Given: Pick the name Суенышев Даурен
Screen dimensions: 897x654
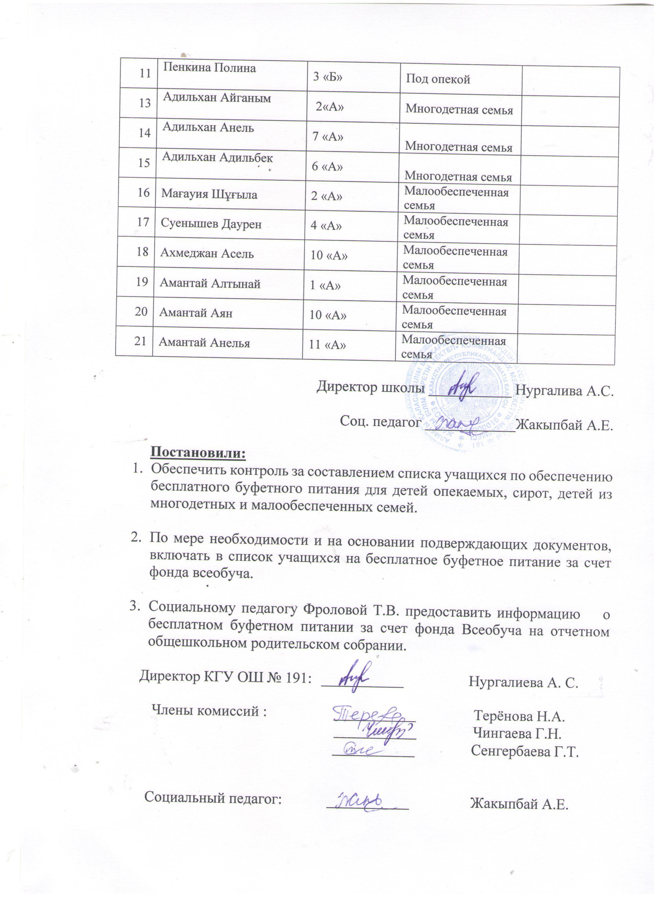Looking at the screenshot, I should coord(211,224).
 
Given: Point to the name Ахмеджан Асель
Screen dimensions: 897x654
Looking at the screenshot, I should coord(207,253).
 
